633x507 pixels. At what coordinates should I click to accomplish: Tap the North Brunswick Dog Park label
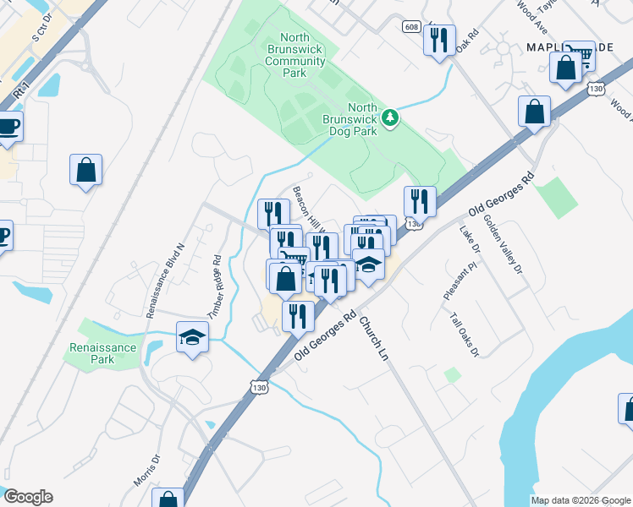[350, 119]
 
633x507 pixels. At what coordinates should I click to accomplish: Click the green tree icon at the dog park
[390, 117]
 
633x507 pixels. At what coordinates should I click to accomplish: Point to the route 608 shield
[410, 26]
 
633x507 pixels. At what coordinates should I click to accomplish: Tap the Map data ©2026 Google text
[580, 500]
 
